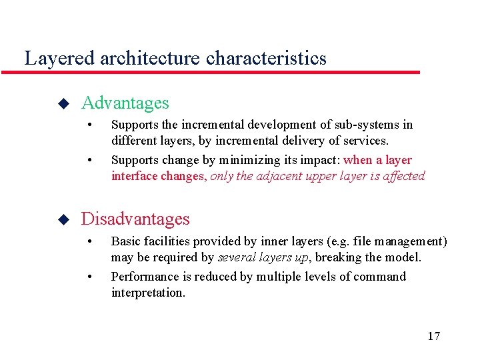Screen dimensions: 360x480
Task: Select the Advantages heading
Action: tap(125, 103)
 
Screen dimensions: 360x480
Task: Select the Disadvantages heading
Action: tap(135, 219)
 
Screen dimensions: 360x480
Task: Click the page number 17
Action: tap(433, 335)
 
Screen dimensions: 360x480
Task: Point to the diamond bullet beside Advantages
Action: tap(63, 104)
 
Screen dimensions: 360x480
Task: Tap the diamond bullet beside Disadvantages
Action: tap(63, 219)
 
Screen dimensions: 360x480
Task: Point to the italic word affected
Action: tap(403, 176)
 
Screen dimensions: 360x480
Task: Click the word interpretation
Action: tap(148, 293)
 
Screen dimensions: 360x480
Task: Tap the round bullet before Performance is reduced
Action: tap(89, 277)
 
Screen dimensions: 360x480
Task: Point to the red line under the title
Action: tap(220, 72)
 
